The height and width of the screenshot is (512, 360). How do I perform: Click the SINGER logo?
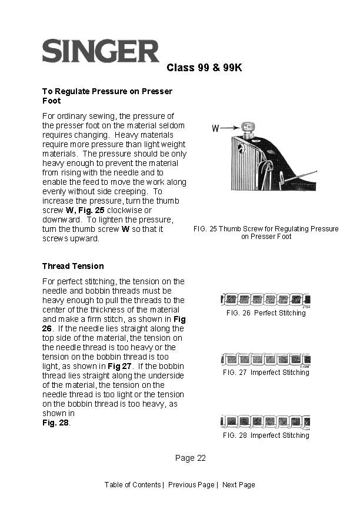tap(101, 51)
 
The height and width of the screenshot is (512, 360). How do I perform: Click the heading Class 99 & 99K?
tap(204, 68)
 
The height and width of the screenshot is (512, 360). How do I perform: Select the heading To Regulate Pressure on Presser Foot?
tap(106, 96)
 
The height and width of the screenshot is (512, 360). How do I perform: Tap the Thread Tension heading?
tap(73, 266)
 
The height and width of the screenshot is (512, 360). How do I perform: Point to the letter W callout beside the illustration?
tap(216, 128)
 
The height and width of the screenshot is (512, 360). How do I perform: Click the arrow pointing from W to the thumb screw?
tap(231, 127)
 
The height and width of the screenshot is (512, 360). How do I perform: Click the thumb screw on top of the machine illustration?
tap(249, 129)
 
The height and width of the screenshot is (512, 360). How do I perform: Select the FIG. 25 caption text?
tap(266, 232)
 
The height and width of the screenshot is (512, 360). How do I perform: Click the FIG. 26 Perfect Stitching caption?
tap(266, 313)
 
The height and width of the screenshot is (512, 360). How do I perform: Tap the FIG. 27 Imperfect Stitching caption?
tap(266, 373)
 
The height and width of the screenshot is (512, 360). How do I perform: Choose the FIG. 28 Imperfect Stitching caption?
tap(266, 435)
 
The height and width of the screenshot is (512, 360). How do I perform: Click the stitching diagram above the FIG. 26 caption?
tap(265, 300)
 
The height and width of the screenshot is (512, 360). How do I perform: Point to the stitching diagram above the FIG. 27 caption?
tap(265, 359)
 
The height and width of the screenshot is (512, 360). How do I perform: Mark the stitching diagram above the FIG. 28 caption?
tap(265, 421)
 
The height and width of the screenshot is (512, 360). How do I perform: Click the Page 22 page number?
tap(190, 458)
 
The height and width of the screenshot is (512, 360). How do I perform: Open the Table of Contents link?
tap(132, 485)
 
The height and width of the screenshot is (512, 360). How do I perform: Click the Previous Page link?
tap(191, 485)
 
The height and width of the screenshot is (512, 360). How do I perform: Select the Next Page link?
tap(238, 485)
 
